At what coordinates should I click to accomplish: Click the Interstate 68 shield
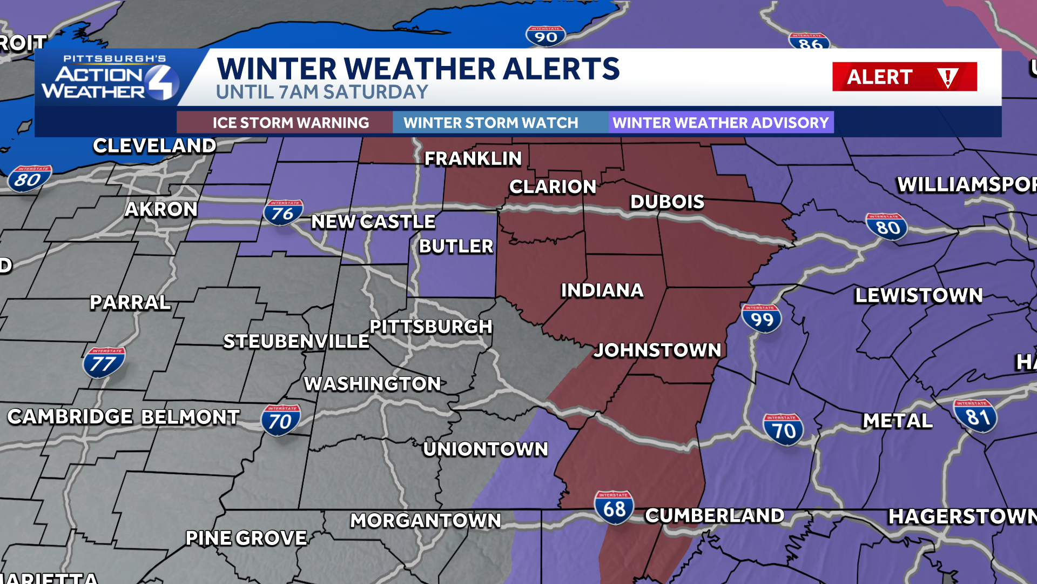614,507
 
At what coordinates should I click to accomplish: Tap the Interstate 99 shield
762,318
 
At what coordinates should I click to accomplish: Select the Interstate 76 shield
282,213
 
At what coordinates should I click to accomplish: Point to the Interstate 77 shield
103,362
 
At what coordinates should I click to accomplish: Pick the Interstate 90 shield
546,36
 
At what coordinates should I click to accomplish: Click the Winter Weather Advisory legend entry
721,123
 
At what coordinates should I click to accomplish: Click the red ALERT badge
904,77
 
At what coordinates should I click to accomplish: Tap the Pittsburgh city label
431,327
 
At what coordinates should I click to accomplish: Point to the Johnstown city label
658,350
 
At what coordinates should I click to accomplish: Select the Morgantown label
426,520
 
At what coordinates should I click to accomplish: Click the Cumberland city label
715,515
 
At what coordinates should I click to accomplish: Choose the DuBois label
667,202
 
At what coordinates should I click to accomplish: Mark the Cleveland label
154,145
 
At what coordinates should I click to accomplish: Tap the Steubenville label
296,341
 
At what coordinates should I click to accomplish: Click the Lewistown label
919,295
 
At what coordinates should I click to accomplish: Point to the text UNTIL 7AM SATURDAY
322,92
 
